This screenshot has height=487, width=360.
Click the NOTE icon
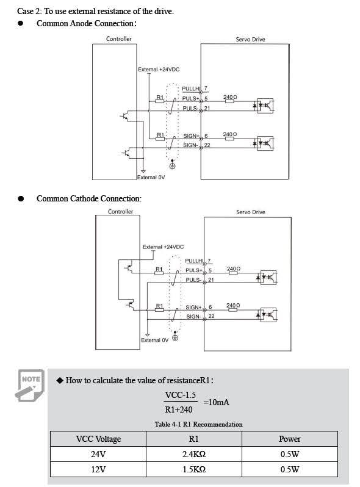[30, 385]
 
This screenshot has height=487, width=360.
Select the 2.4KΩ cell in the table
[194, 454]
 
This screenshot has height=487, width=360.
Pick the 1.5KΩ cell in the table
[194, 469]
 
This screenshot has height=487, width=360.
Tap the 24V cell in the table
[98, 454]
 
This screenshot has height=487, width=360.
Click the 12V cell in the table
[98, 469]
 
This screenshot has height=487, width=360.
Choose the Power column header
[289, 439]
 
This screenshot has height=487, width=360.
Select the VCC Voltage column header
[98, 439]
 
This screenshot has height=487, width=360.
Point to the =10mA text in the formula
[216, 402]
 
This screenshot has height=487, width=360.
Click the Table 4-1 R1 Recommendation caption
[198, 424]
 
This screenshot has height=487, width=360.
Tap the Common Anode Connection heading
[87, 24]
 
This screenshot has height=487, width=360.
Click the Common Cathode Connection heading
[89, 198]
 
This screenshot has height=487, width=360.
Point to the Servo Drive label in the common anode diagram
[250, 40]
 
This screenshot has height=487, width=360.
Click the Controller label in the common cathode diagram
[121, 212]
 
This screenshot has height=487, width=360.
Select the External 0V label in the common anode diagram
[151, 177]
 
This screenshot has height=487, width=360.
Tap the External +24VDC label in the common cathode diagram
[163, 247]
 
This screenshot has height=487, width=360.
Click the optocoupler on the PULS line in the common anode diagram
[265, 106]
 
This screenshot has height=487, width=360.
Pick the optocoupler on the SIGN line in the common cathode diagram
[268, 315]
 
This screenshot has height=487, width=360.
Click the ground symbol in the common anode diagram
[173, 165]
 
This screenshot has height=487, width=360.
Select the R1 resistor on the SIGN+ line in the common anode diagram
[160, 139]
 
